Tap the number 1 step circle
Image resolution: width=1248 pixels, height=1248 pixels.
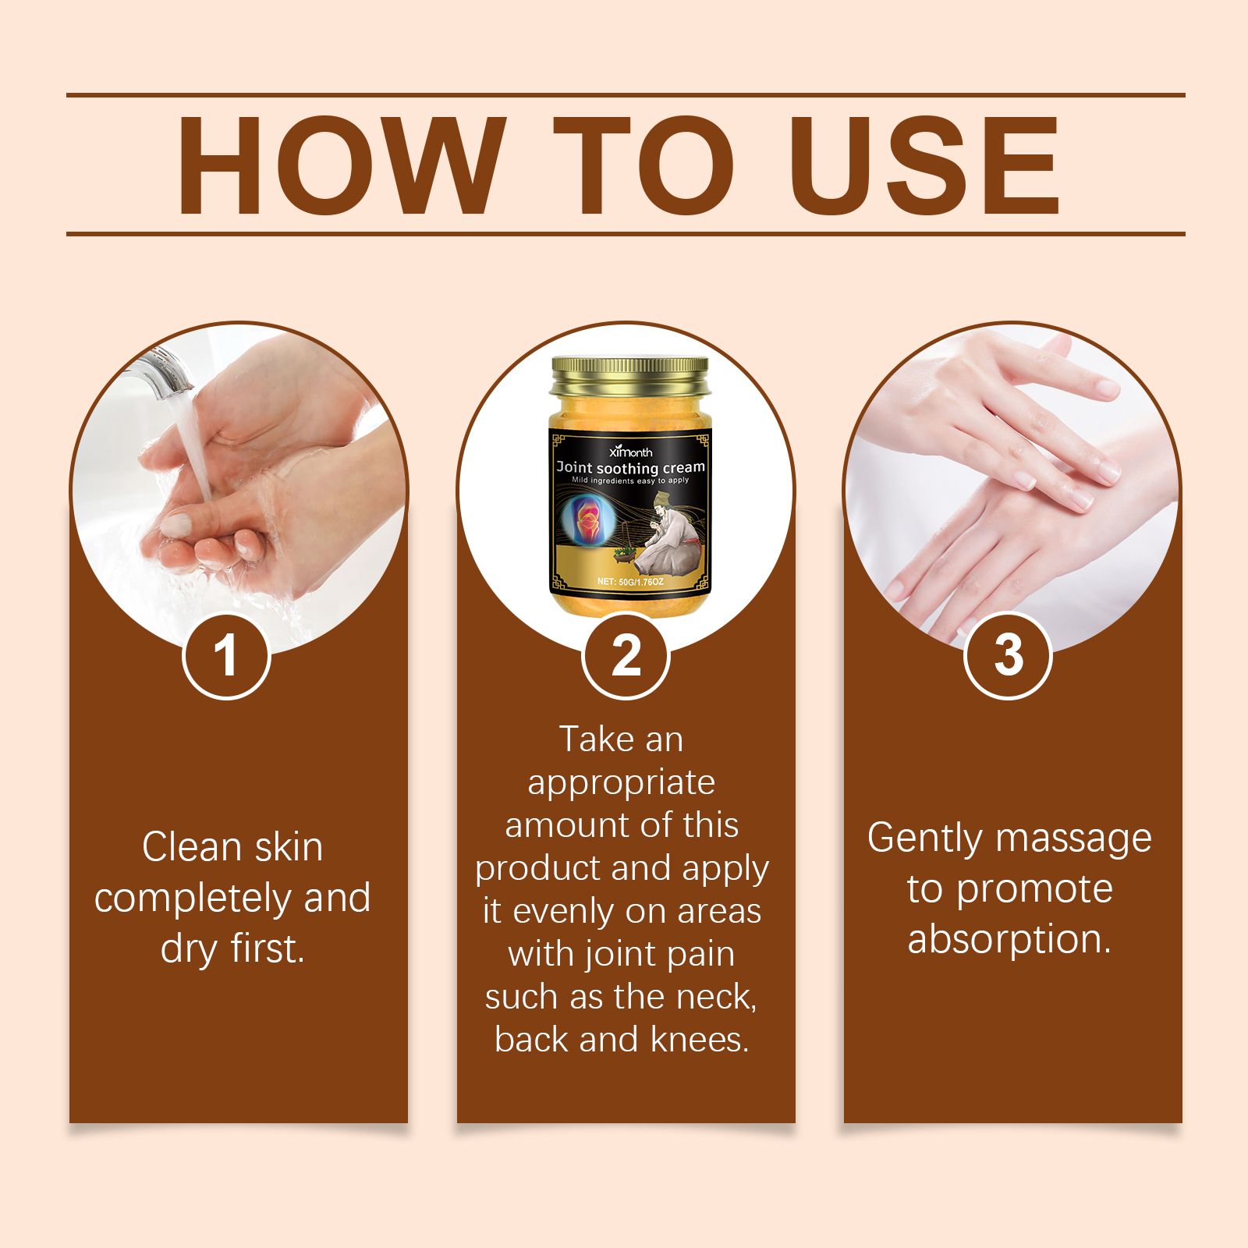[226, 655]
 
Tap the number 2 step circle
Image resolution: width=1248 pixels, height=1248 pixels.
[626, 655]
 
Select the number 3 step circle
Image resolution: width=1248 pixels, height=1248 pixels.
[1009, 655]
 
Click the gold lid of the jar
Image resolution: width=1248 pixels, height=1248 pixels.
[629, 377]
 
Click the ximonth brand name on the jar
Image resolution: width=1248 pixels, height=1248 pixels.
[630, 452]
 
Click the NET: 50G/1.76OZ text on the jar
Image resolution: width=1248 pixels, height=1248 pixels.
[630, 582]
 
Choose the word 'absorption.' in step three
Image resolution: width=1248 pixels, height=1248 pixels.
[1009, 940]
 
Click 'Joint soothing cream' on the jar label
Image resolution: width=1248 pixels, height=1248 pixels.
[630, 467]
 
